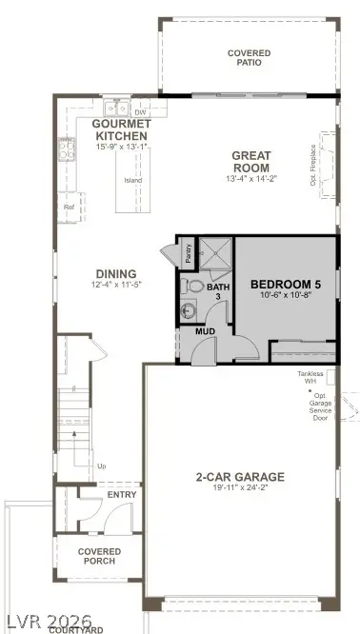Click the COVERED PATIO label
(249, 57)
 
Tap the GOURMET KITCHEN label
(122, 130)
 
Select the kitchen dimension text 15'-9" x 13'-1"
(122, 147)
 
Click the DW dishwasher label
(140, 111)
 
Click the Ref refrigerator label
(69, 206)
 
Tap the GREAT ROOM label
(251, 162)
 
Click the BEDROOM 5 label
(285, 284)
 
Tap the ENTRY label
(122, 495)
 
